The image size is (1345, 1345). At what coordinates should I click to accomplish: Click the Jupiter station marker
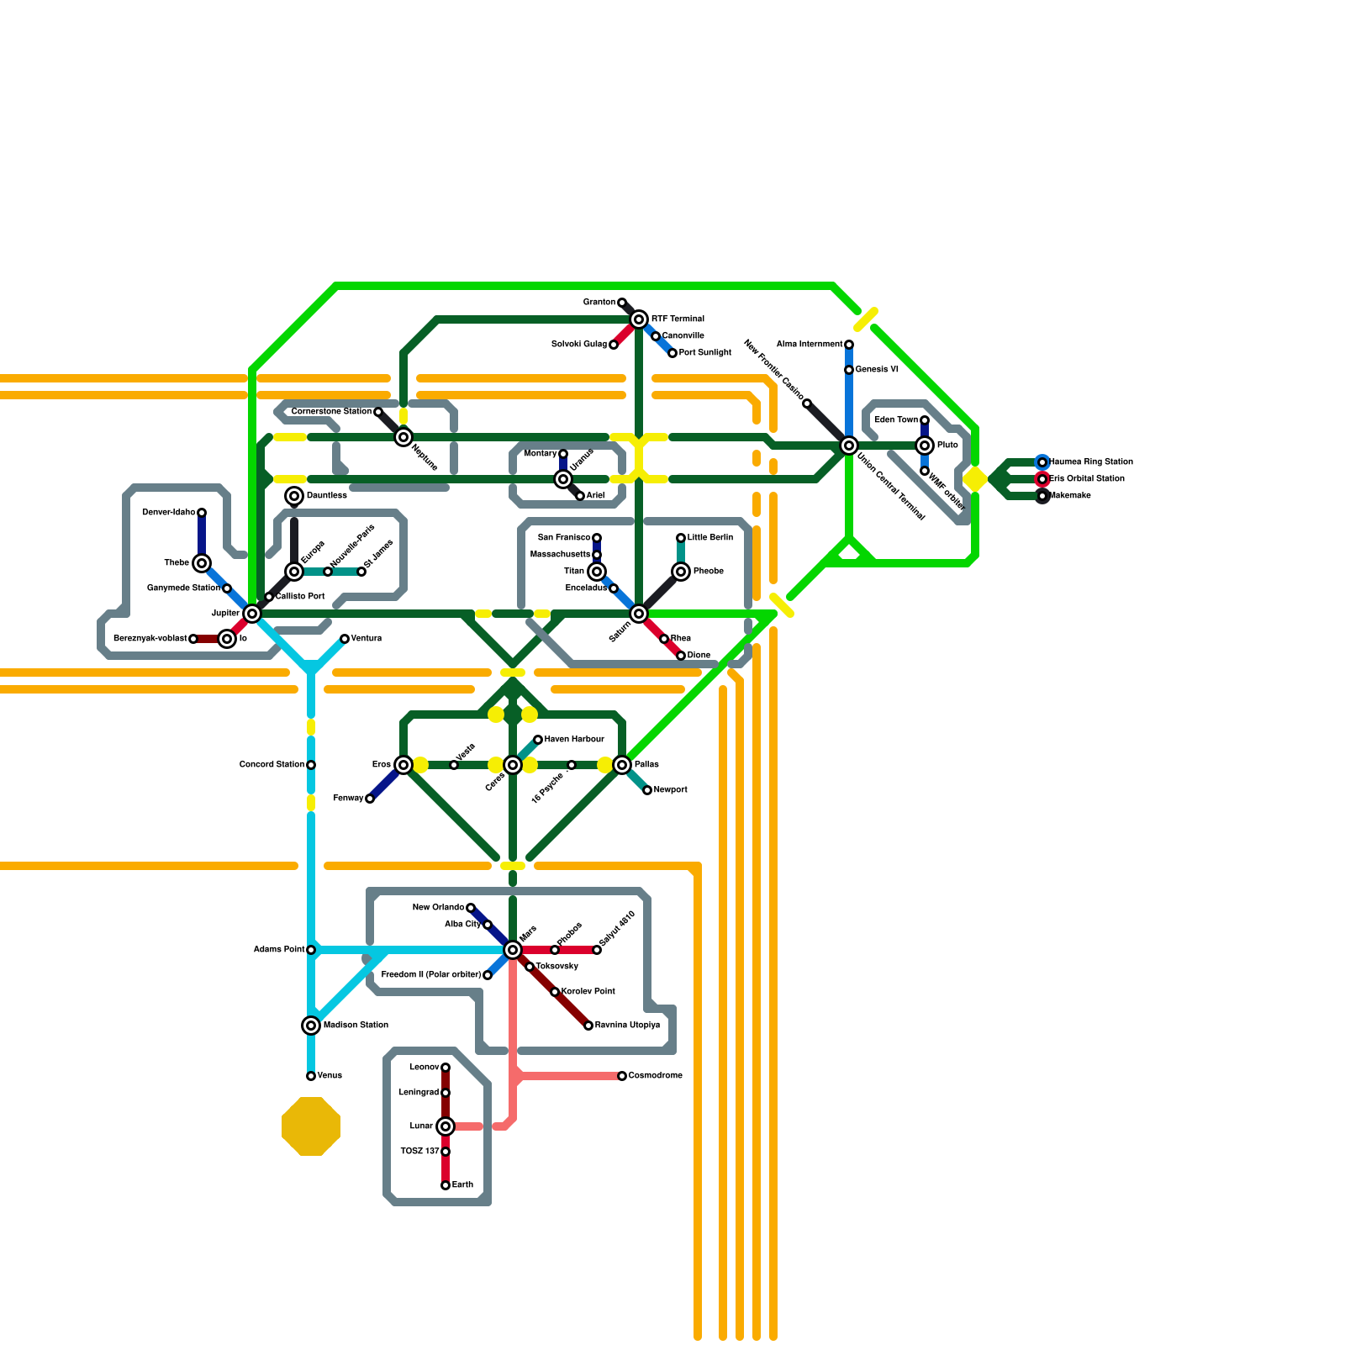(252, 614)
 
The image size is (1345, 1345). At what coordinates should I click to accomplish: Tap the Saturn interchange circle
(639, 614)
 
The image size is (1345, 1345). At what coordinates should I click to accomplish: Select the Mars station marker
(513, 950)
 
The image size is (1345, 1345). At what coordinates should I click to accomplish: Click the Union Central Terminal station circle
(849, 446)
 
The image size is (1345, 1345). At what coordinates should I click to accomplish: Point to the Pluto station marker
(925, 446)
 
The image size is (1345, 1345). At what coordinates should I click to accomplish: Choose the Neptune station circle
(403, 437)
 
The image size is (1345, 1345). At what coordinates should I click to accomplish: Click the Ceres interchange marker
(513, 765)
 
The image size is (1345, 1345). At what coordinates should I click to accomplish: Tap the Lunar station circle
(446, 1126)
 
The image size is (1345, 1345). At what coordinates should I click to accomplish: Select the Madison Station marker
(311, 1026)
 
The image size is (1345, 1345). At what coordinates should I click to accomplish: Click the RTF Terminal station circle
(639, 319)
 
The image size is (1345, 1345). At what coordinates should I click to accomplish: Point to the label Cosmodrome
(655, 1076)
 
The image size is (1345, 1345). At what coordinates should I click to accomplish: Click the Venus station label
(330, 1076)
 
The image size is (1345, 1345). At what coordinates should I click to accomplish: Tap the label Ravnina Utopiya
(627, 1026)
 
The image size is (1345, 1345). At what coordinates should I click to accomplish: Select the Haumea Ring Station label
(1091, 462)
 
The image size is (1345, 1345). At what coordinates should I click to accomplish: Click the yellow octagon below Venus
(311, 1126)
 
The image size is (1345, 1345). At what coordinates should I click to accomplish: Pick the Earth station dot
(446, 1185)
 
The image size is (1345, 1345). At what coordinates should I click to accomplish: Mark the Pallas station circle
(622, 765)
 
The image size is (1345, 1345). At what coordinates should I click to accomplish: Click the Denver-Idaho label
(168, 513)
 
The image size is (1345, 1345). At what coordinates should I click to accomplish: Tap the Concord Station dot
(311, 765)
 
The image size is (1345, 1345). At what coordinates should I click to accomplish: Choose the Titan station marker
(597, 572)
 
